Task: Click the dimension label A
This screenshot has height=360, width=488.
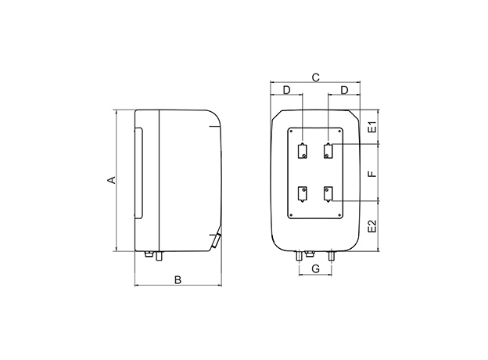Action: (x=113, y=180)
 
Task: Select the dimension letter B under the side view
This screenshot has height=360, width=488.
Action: (x=178, y=279)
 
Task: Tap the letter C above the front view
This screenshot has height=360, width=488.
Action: (x=314, y=77)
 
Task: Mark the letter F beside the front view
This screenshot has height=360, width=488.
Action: (x=372, y=172)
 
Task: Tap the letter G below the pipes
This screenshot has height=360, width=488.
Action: (x=316, y=269)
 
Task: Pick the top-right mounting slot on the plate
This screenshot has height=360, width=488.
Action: (x=328, y=151)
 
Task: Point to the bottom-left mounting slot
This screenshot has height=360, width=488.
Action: (x=303, y=194)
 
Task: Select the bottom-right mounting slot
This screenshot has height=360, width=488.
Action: (x=328, y=194)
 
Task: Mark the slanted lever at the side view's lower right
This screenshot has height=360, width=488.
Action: (x=217, y=239)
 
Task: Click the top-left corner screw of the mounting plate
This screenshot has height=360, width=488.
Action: (x=292, y=132)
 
